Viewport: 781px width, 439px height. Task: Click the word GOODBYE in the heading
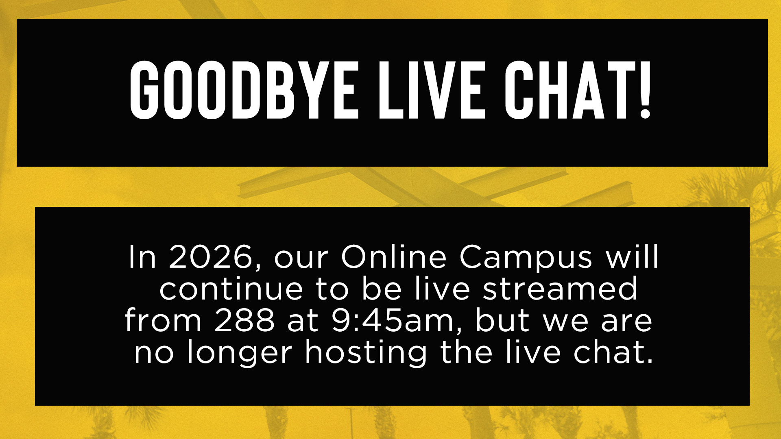coord(244,90)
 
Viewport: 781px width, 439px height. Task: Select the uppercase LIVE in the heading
coord(432,90)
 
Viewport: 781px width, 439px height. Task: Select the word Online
coord(393,257)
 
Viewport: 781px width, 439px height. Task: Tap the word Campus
coord(526,260)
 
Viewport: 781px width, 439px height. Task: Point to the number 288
coord(244,320)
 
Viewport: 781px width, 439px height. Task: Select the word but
coord(502,320)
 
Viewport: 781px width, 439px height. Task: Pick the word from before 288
coord(163,320)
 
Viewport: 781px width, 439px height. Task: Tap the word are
coord(626,324)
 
